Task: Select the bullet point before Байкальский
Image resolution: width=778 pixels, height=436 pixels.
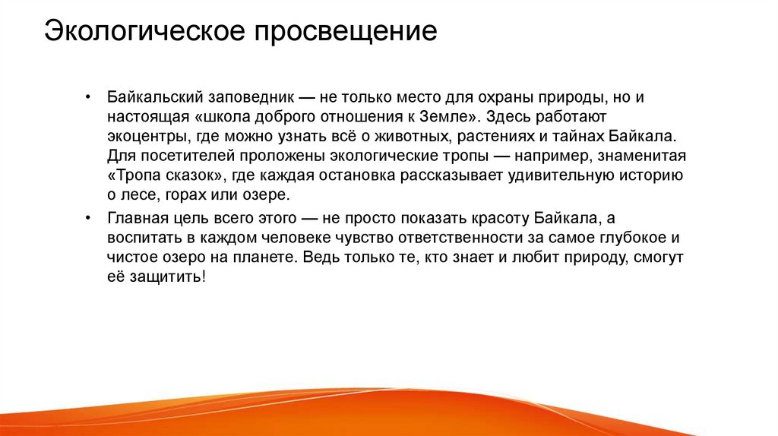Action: [x=88, y=98]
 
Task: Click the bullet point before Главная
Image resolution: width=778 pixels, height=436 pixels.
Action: [x=88, y=218]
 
